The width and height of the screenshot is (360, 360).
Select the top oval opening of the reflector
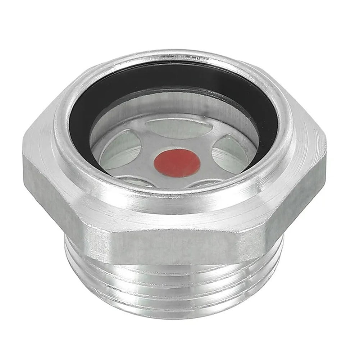pyautogui.click(x=179, y=128)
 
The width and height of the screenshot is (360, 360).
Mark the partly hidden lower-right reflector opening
pyautogui.click(x=205, y=184)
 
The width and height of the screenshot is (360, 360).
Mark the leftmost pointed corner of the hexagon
pyautogui.click(x=24, y=158)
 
